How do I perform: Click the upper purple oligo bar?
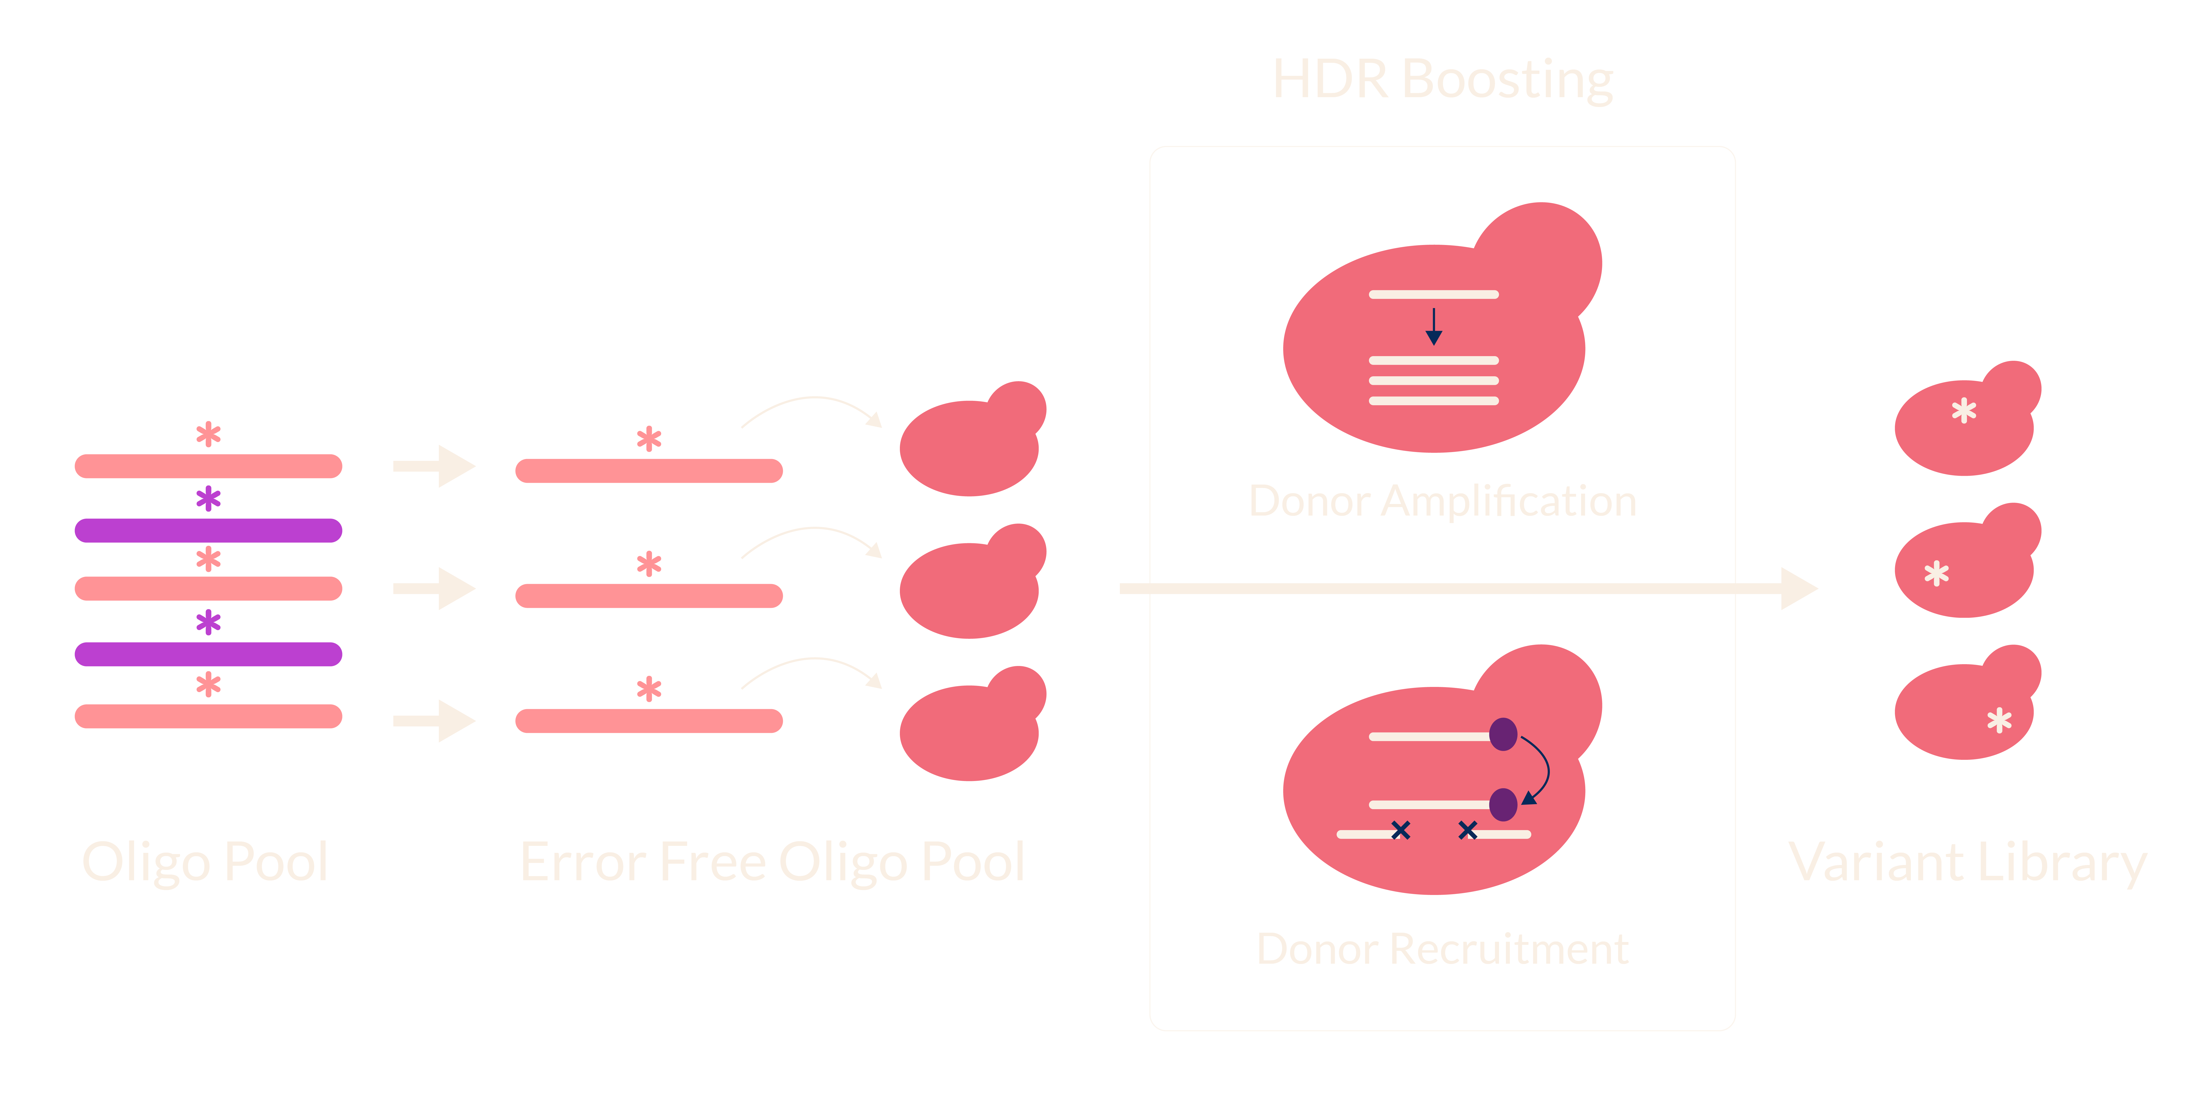click(x=208, y=531)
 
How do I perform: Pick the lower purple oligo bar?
click(x=208, y=654)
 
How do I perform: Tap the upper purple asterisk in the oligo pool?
click(x=208, y=499)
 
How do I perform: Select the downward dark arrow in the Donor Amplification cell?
click(x=1434, y=326)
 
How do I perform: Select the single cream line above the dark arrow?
click(x=1434, y=295)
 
